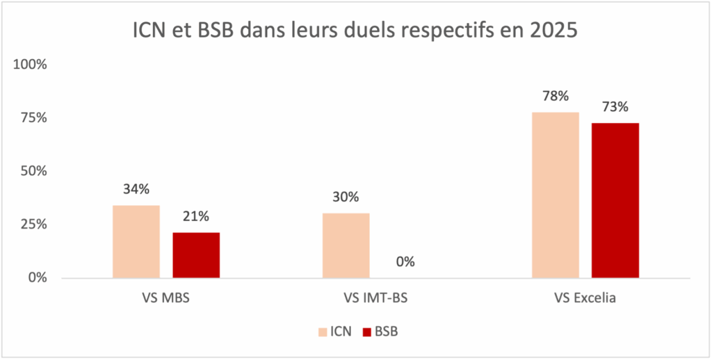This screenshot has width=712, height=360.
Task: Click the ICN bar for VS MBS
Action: click(136, 242)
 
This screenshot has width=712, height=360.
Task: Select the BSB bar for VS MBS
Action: click(196, 255)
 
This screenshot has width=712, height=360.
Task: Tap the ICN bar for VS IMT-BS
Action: click(346, 245)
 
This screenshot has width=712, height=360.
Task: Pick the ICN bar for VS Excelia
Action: click(555, 195)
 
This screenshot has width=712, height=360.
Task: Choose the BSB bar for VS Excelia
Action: click(615, 200)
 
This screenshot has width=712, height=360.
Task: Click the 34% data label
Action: click(136, 189)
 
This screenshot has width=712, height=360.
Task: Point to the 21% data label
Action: click(196, 216)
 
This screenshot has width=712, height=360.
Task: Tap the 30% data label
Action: click(346, 197)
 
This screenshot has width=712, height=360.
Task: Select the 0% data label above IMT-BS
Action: click(405, 262)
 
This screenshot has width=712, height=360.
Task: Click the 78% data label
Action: click(555, 95)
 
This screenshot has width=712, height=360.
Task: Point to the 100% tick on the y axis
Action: click(31, 65)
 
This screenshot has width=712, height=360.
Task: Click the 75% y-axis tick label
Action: click(34, 118)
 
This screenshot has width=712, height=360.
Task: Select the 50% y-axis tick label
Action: click(34, 171)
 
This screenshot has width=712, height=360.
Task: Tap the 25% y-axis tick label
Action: click(34, 224)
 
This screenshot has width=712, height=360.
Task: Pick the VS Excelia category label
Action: click(585, 300)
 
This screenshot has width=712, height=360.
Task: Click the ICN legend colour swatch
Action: click(323, 332)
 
